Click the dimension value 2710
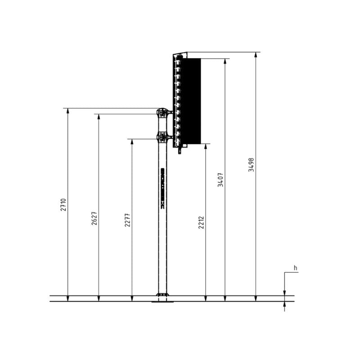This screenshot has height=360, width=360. (63, 205)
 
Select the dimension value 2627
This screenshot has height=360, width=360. (94, 218)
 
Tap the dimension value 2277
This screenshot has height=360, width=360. (127, 220)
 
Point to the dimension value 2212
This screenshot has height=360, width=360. (201, 222)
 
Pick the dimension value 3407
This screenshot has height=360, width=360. (220, 180)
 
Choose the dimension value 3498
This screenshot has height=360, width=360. (252, 165)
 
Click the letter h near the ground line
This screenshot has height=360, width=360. (296, 268)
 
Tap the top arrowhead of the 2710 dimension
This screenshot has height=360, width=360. (68, 111)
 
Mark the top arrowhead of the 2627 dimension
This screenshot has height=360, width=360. (99, 117)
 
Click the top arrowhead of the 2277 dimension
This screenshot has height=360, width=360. (132, 142)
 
